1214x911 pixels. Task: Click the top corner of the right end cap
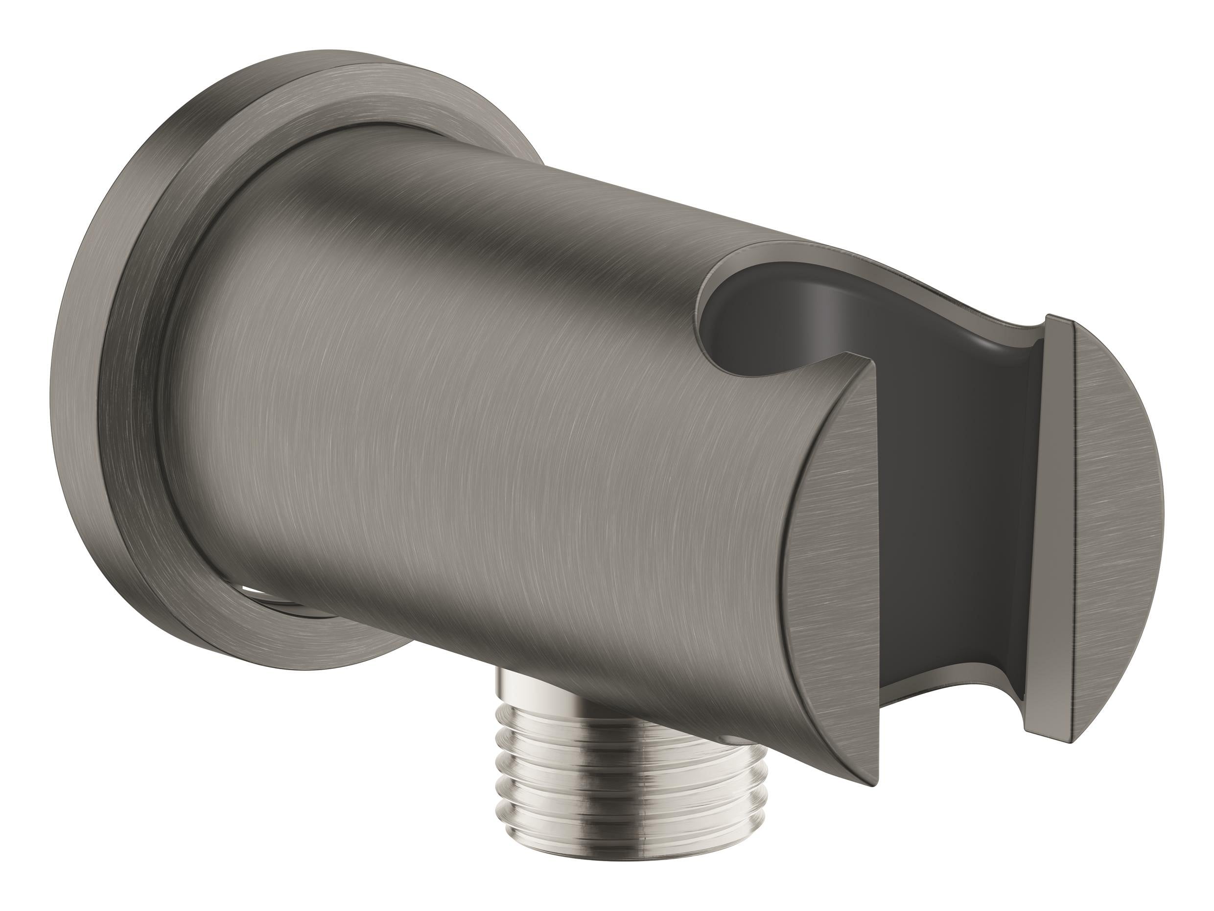1051,318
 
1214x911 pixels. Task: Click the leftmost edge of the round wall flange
69,384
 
